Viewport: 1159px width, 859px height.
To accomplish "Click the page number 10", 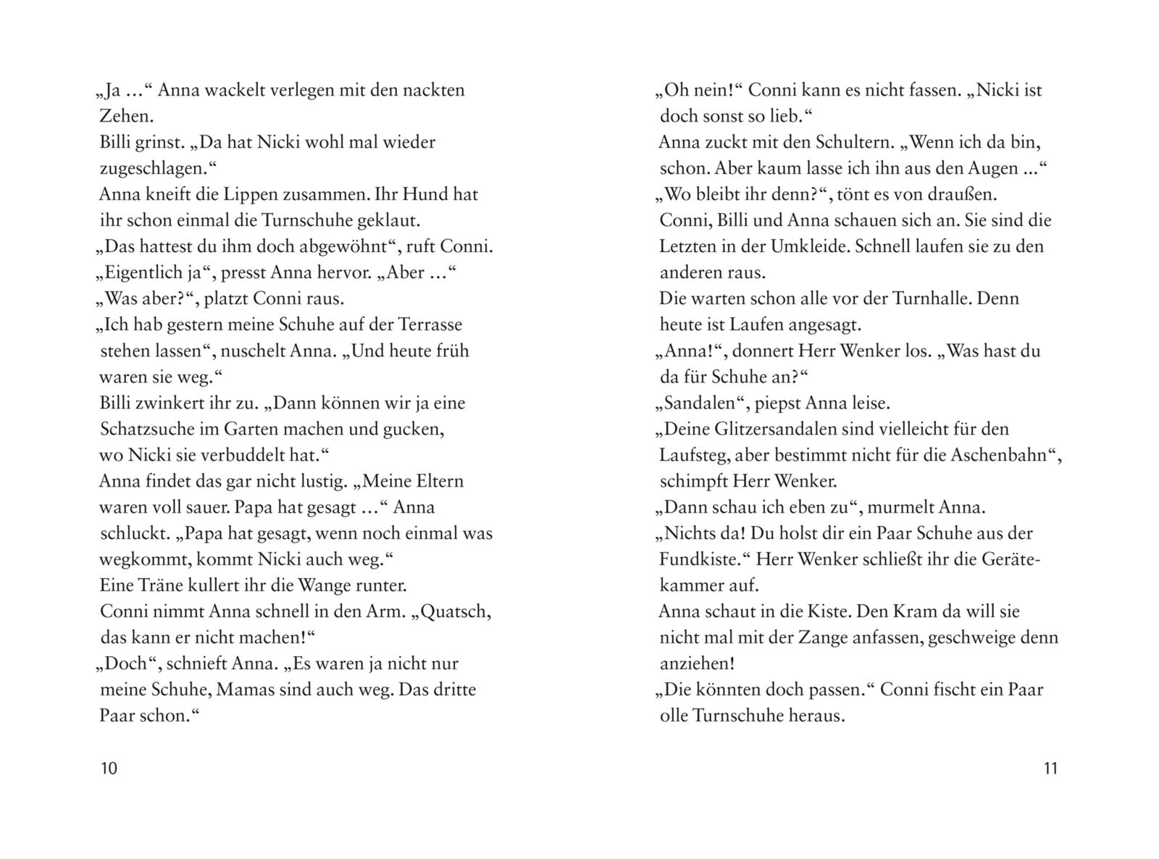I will (109, 768).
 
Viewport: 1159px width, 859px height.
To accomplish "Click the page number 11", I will (1050, 768).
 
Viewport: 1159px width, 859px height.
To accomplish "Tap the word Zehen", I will (126, 116).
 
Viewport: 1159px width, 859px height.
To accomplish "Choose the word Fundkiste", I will (695, 560).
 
